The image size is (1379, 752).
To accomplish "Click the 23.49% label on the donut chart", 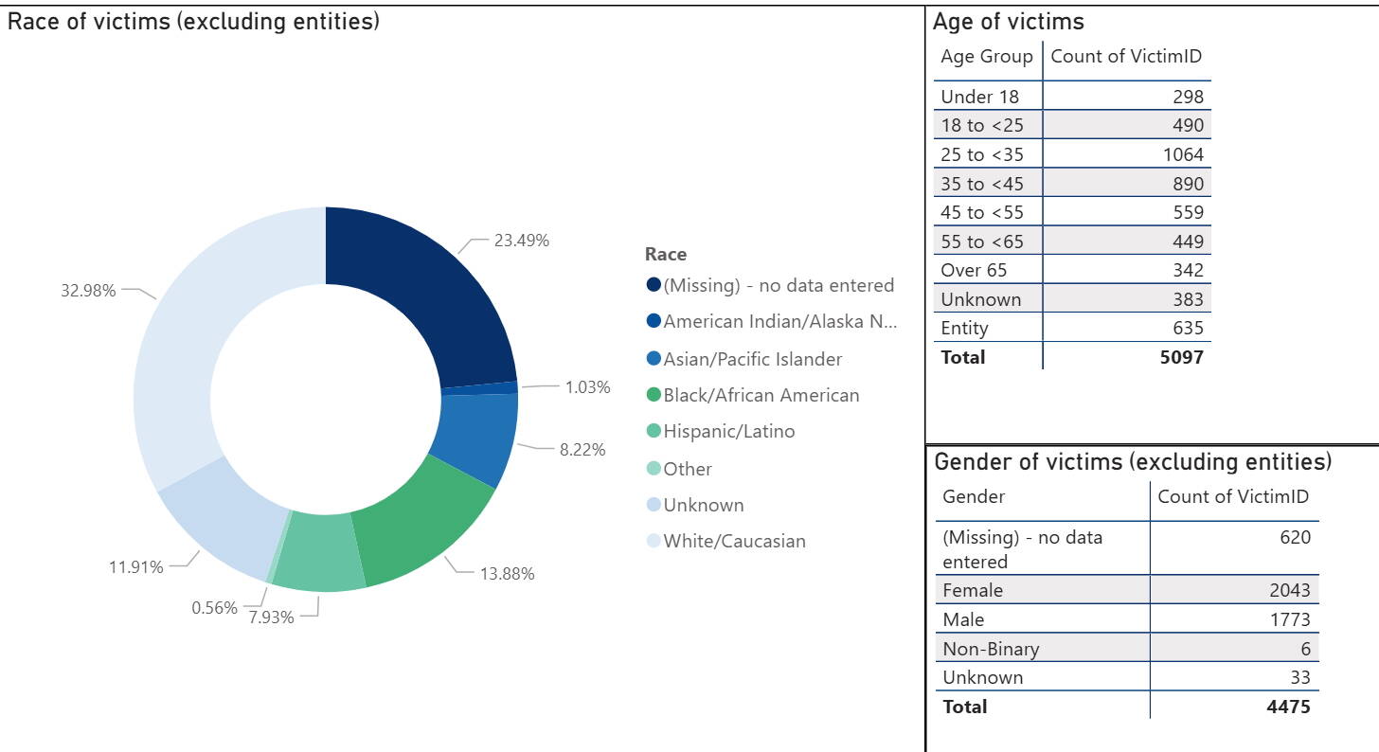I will point(521,241).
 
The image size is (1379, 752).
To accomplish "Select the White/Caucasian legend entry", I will point(734,542).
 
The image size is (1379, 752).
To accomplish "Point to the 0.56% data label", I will point(215,608).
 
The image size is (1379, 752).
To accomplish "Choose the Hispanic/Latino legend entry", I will point(728,432).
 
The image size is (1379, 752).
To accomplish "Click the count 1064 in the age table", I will point(1183,154).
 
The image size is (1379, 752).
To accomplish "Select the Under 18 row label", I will point(980,97).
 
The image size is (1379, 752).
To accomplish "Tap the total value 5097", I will point(1183,357).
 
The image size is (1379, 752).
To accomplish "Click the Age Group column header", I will point(986,57).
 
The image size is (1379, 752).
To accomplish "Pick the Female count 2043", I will point(1290,590).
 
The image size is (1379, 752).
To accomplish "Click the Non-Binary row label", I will point(991,649).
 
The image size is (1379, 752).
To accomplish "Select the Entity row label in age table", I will point(964,329).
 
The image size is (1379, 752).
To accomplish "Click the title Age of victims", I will point(1008,21).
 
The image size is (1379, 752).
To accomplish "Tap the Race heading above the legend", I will point(665,254).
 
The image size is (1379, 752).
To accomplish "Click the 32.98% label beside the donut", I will point(88,291).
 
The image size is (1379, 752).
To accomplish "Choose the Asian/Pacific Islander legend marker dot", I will point(654,359).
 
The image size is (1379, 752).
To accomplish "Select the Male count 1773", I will point(1290,619).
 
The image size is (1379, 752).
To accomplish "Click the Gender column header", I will point(974,497).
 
